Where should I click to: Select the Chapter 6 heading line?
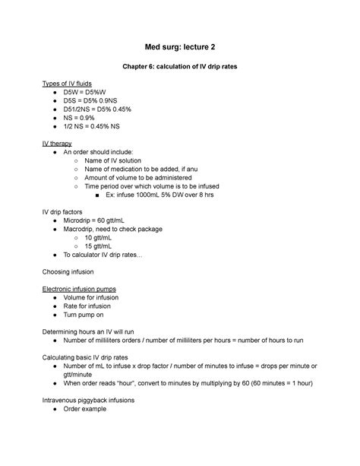click(180, 67)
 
